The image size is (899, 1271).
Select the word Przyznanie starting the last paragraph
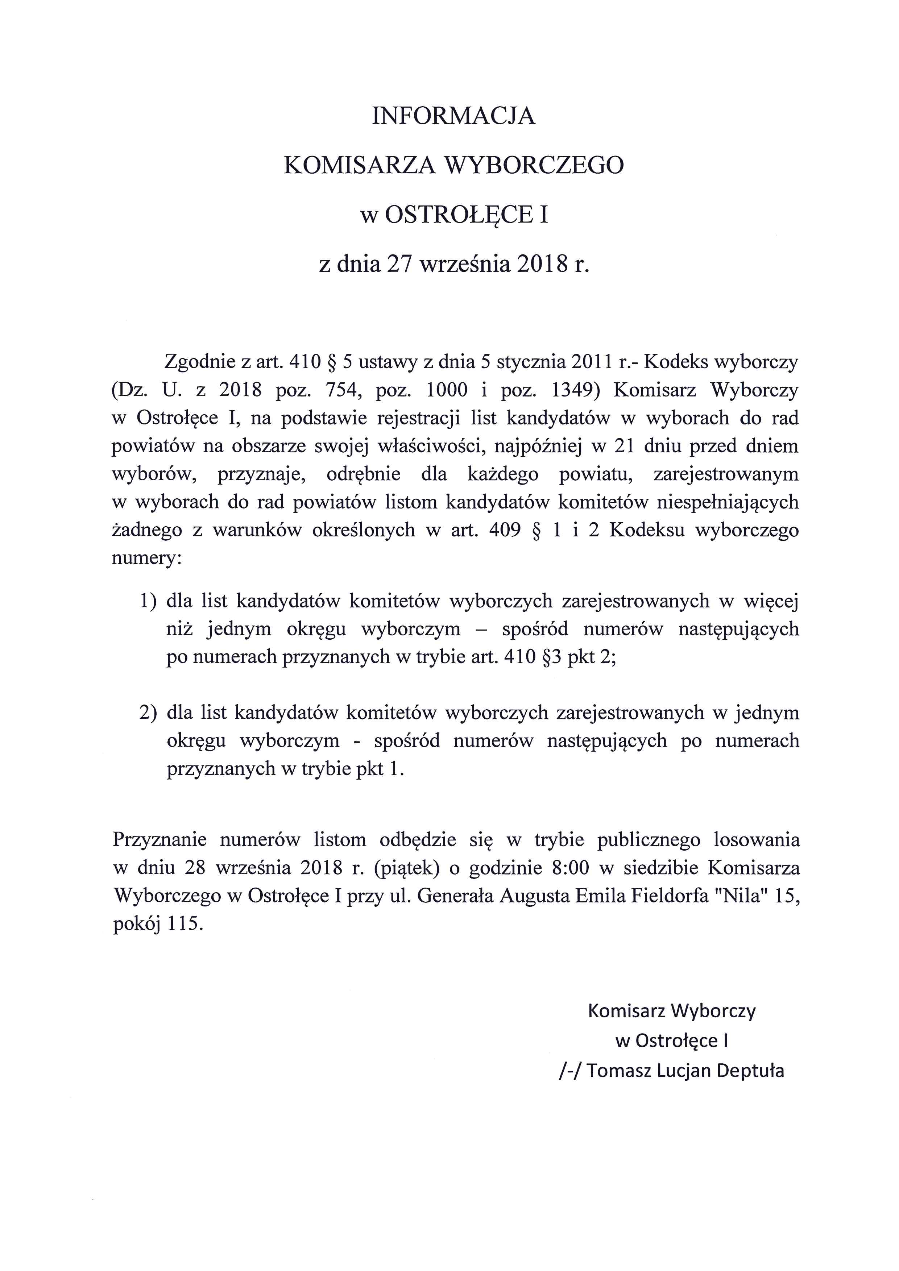click(159, 840)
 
